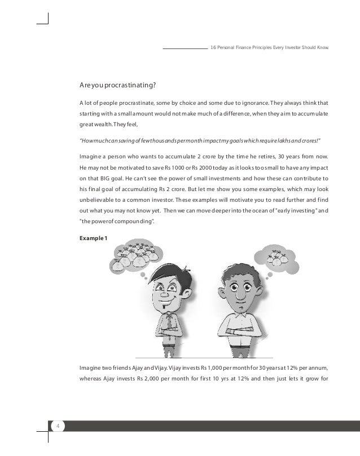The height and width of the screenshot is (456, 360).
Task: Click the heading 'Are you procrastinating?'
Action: [118, 85]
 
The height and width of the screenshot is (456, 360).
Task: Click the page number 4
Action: [56, 426]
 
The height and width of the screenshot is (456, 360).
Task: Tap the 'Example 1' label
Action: [95, 238]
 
